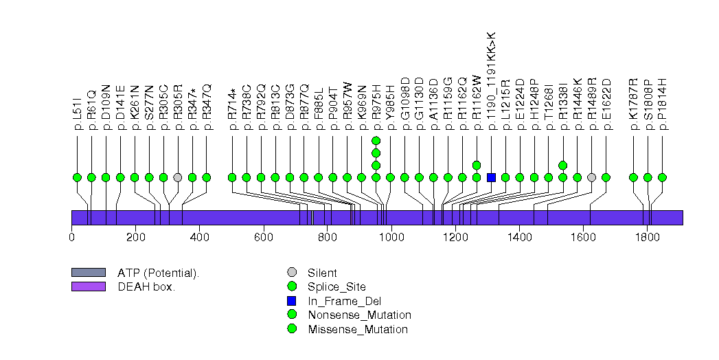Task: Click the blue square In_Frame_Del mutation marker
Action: pos(491,177)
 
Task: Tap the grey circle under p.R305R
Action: pos(178,177)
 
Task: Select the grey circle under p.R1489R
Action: pos(592,177)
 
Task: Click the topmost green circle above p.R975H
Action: pos(376,141)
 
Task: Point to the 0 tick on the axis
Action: pos(71,237)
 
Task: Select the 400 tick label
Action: pos(199,237)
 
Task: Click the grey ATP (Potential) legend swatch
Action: pos(88,273)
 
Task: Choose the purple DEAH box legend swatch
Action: pos(88,286)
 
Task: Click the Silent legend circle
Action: pos(293,273)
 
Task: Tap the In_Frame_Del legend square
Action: pos(293,301)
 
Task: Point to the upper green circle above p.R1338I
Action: pos(563,165)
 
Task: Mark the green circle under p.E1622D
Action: pos(606,177)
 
